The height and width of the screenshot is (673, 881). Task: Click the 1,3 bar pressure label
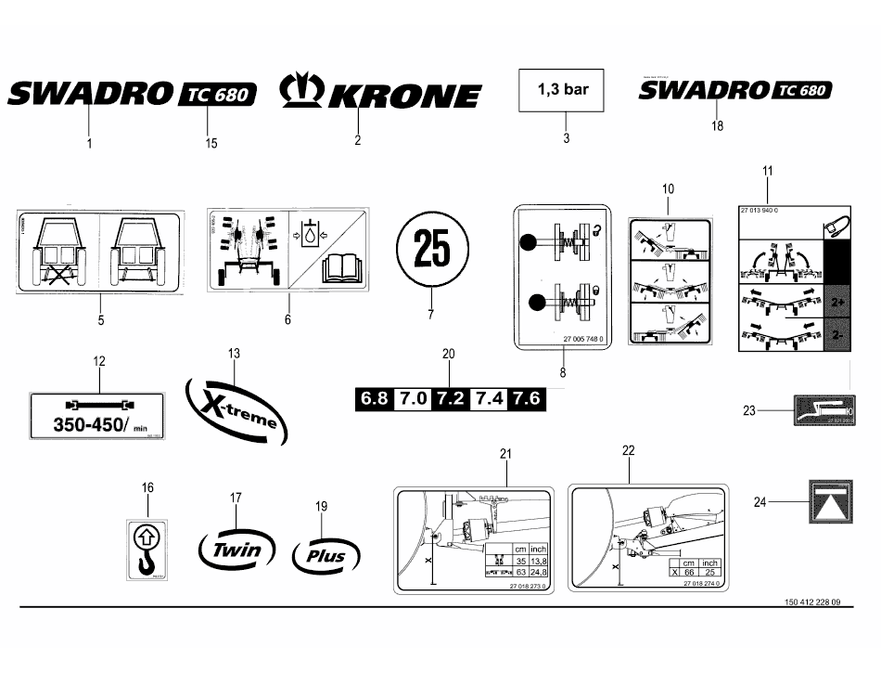(565, 91)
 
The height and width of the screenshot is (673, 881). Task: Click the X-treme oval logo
(236, 408)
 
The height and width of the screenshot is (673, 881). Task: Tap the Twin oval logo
(237, 550)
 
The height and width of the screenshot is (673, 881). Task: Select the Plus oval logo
(322, 555)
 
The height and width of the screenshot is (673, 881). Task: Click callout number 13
(234, 354)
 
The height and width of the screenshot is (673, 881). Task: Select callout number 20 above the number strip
(449, 355)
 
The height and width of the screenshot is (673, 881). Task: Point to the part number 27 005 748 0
(582, 340)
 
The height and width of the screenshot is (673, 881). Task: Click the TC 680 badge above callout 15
(216, 95)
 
